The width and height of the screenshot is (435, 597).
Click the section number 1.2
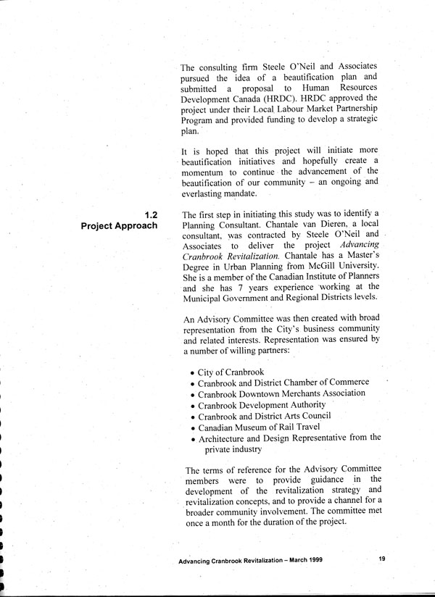click(151, 214)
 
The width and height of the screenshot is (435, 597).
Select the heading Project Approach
click(120, 226)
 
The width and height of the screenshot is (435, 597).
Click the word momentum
click(208, 172)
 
